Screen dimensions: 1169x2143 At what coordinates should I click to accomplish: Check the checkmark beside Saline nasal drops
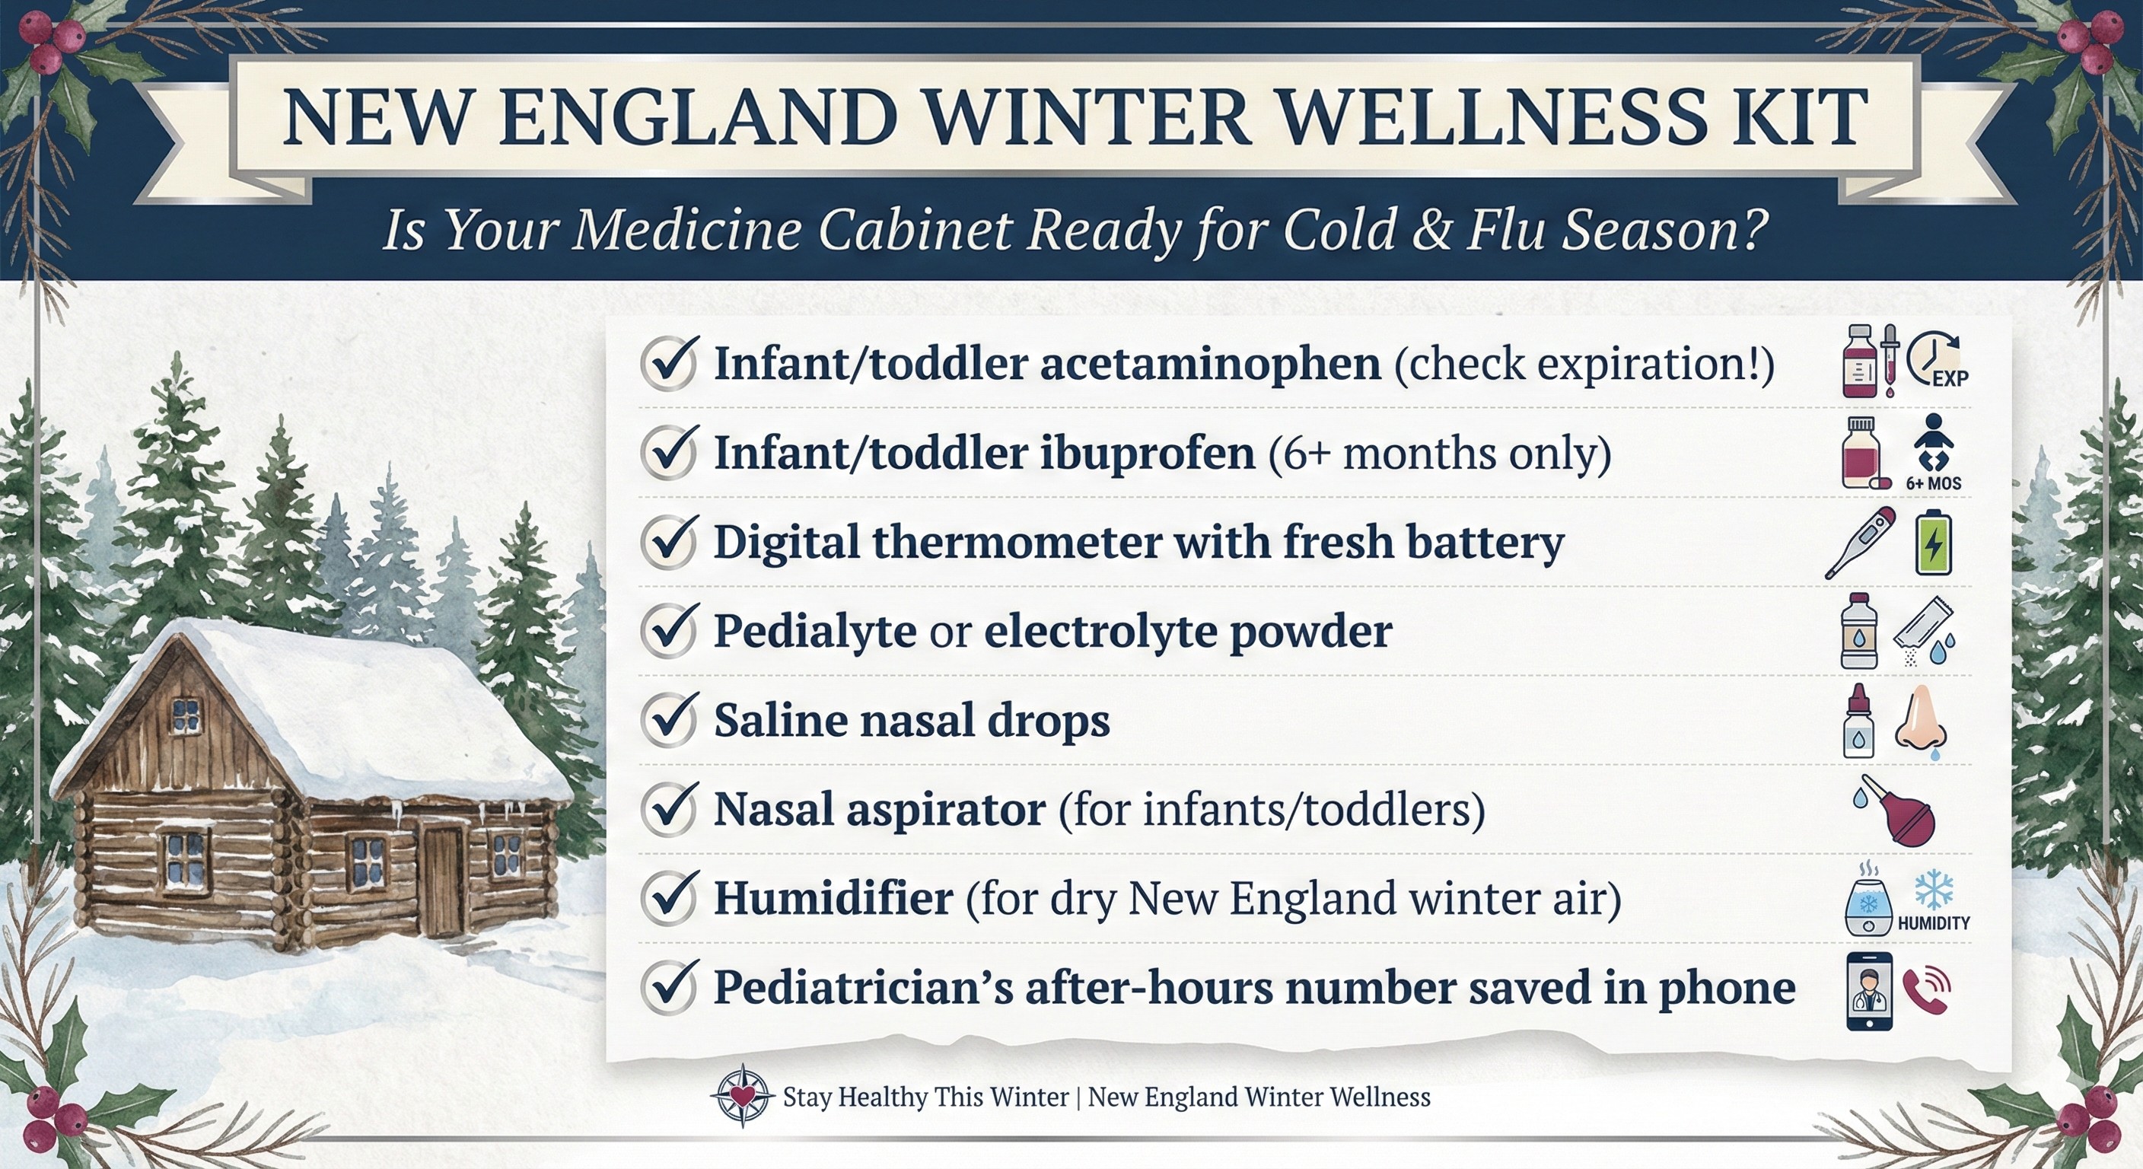point(668,721)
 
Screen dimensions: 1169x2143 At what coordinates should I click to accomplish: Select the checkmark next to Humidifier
point(668,899)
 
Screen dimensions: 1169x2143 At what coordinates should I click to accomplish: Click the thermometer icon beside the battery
point(1860,542)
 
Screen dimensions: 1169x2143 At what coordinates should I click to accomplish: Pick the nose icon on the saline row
point(1922,721)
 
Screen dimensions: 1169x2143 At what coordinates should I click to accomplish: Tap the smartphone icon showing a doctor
point(1868,991)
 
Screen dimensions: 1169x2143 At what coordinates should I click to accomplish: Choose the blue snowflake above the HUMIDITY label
point(1934,890)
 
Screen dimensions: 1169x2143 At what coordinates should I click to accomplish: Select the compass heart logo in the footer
point(743,1096)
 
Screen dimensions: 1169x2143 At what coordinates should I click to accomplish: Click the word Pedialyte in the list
point(814,631)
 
